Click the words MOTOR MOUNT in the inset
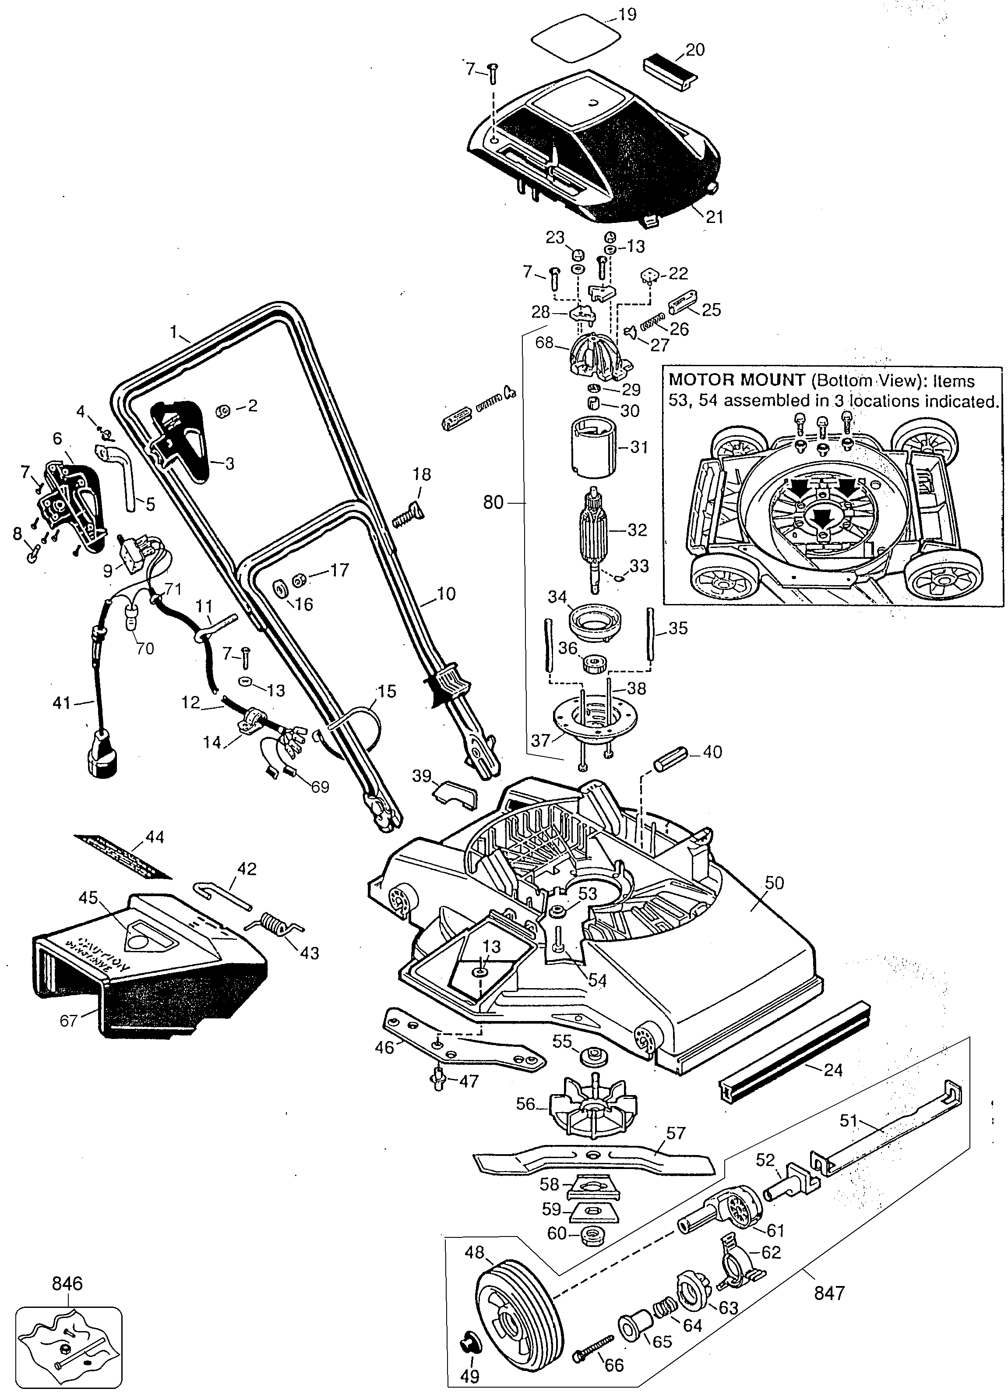[x=737, y=380]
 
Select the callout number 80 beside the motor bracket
[x=493, y=503]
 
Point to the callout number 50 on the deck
[x=774, y=883]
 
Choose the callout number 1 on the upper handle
[x=174, y=332]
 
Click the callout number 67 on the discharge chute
[x=68, y=1021]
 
